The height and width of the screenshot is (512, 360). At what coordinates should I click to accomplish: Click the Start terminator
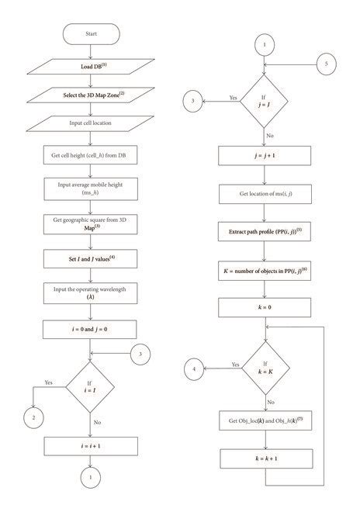[92, 35]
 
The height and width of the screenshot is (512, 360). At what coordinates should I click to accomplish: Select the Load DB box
[92, 67]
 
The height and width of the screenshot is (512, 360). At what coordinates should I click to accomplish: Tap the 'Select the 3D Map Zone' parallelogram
[92, 95]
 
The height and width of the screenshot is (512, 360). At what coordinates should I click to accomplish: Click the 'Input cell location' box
[92, 123]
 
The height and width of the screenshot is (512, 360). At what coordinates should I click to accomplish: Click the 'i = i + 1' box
[92, 445]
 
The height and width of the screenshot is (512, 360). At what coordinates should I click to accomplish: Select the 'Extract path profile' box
[265, 231]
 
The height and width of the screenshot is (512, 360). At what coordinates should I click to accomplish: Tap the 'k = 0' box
[265, 308]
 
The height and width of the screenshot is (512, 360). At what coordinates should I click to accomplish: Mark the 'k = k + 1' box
[265, 459]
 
